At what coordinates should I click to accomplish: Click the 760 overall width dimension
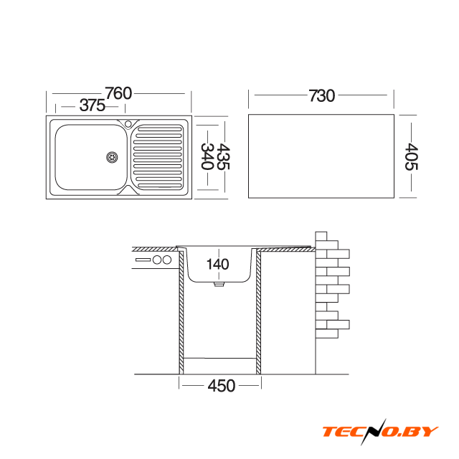(118, 93)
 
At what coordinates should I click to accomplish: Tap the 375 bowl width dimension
(93, 105)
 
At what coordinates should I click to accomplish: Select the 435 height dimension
(223, 156)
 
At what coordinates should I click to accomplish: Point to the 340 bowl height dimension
(207, 156)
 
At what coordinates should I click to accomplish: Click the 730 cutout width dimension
(322, 95)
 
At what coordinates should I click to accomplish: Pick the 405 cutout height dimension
(411, 156)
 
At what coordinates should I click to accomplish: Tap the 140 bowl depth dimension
(217, 264)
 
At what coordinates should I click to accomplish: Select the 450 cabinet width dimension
(222, 386)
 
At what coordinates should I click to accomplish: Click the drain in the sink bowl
(112, 157)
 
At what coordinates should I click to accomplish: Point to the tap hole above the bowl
(128, 124)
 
